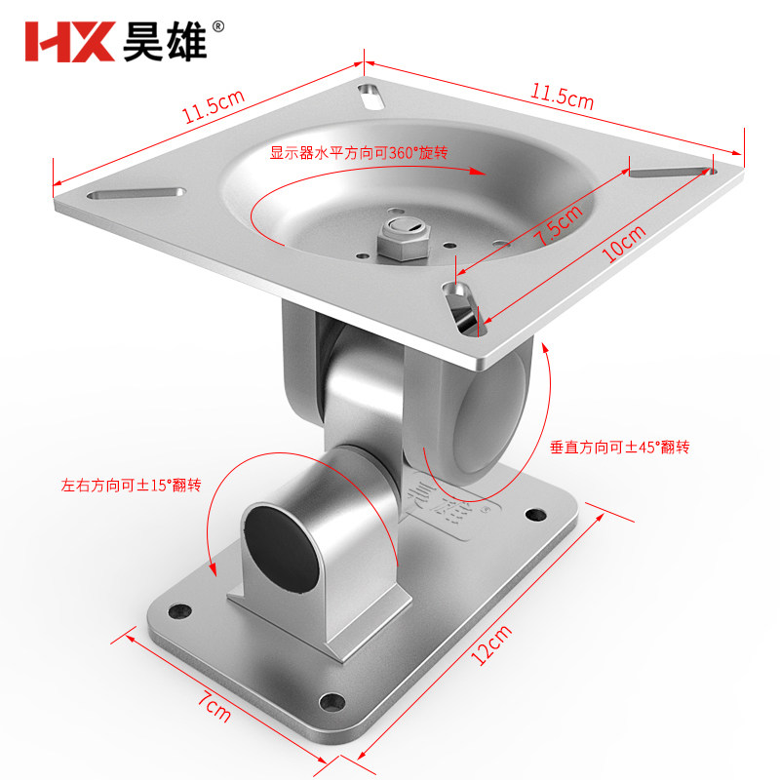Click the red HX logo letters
[x=69, y=42]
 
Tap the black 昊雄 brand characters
[x=165, y=42]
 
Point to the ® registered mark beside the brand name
[x=217, y=27]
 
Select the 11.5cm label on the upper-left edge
[x=214, y=106]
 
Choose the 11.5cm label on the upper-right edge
[x=563, y=96]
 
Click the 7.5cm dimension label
[x=558, y=225]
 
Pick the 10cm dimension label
[x=623, y=243]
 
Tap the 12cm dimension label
[x=491, y=644]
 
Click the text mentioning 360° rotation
[x=359, y=153]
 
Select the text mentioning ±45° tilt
[x=619, y=448]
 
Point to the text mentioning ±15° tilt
[x=131, y=485]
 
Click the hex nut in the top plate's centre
[x=403, y=241]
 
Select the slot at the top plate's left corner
[x=136, y=193]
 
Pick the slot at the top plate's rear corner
[x=371, y=97]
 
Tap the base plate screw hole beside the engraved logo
[x=535, y=515]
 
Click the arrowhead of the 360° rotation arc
[x=479, y=172]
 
